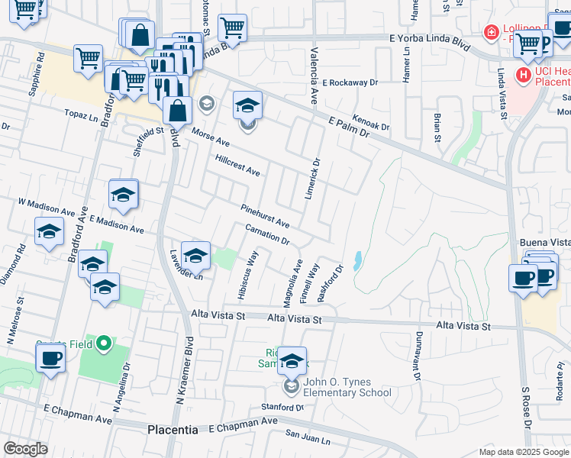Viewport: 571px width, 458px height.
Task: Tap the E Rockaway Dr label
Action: tap(350, 82)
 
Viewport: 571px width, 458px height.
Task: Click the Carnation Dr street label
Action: tap(267, 235)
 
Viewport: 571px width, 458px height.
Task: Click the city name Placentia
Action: tap(173, 430)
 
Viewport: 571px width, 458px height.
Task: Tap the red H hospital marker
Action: tap(524, 75)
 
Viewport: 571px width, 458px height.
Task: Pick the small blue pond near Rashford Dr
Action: tap(357, 260)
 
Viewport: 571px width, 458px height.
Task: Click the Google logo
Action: tap(25, 448)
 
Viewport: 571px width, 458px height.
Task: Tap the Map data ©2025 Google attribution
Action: tap(523, 452)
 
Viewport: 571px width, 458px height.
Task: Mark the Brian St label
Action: tap(437, 127)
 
